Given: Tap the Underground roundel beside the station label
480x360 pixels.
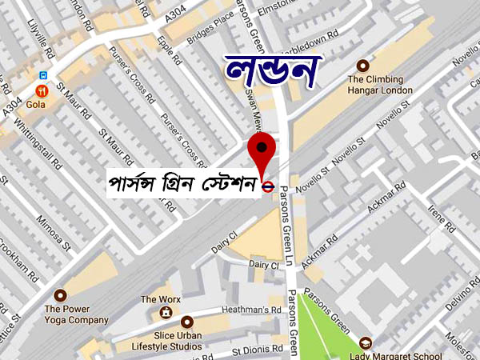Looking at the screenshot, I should click(x=269, y=187).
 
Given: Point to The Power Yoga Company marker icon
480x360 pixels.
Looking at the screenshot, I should click(x=60, y=295).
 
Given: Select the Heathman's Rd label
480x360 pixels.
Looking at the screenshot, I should click(x=254, y=308).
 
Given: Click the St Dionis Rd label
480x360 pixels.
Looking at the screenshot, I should click(x=258, y=350).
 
